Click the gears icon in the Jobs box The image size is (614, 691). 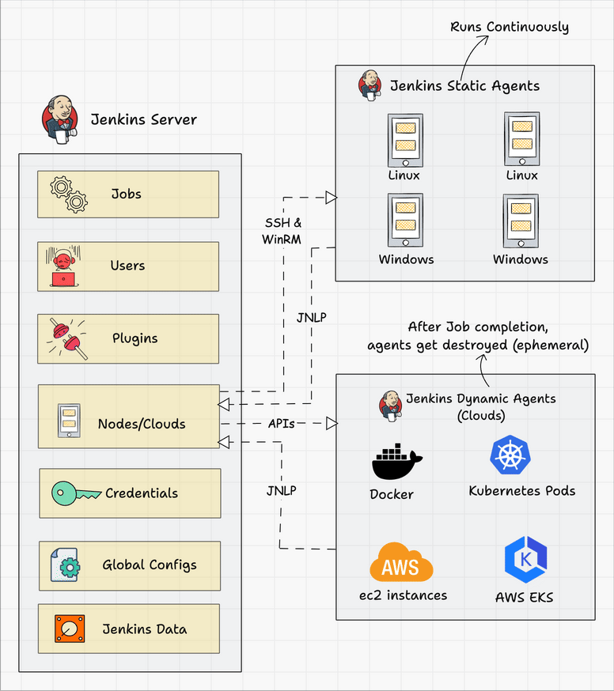[x=68, y=194]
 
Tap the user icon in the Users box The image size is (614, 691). [x=62, y=267]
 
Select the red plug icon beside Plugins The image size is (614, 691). [x=66, y=339]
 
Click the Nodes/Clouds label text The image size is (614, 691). [x=142, y=424]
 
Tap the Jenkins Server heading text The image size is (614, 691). [x=143, y=120]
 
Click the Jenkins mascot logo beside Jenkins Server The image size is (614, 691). [x=60, y=119]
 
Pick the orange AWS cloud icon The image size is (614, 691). [x=401, y=563]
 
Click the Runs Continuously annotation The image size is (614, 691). [x=509, y=27]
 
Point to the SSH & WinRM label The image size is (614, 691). [x=282, y=232]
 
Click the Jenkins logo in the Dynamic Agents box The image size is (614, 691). [x=389, y=403]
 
